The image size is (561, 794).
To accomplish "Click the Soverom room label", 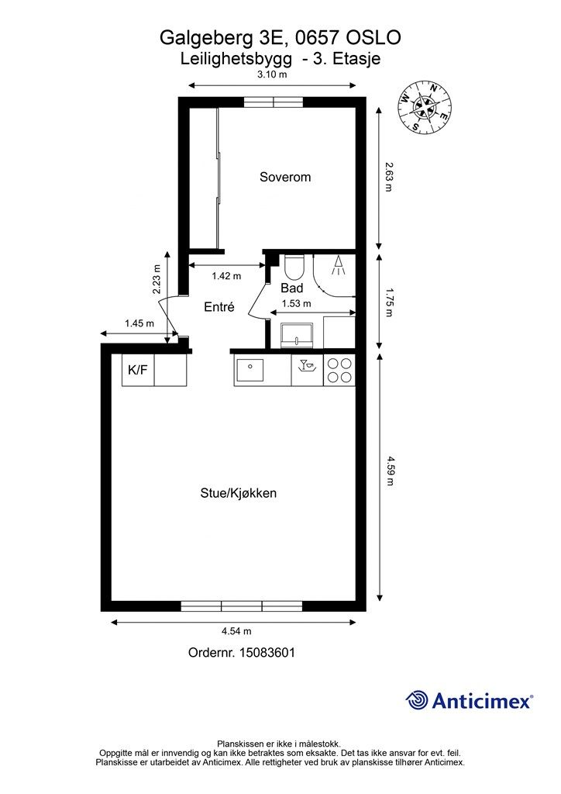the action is (x=285, y=178).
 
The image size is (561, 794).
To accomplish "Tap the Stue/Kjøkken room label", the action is (x=238, y=493).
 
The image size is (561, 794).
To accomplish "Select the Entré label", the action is (x=219, y=306).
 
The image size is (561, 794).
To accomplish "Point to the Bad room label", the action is (x=292, y=288).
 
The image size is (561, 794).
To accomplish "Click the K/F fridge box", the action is (x=138, y=370).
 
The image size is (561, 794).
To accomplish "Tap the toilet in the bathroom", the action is (x=294, y=267).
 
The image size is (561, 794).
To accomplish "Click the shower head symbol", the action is (x=338, y=265).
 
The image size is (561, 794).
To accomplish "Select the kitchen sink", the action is (x=249, y=370).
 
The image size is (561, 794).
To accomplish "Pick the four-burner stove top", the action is (x=339, y=370).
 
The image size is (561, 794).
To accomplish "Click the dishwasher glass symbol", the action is (x=307, y=366).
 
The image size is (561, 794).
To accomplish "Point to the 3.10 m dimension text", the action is (x=272, y=74).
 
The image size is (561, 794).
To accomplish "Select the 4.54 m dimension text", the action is (x=236, y=631).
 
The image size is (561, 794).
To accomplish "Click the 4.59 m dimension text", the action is (x=391, y=471).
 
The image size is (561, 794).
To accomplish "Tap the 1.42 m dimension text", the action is (x=226, y=276).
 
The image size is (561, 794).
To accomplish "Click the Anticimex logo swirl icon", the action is (x=417, y=701).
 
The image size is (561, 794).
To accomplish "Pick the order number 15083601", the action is (x=266, y=653).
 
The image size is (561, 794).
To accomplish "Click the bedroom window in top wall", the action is (x=274, y=102).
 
